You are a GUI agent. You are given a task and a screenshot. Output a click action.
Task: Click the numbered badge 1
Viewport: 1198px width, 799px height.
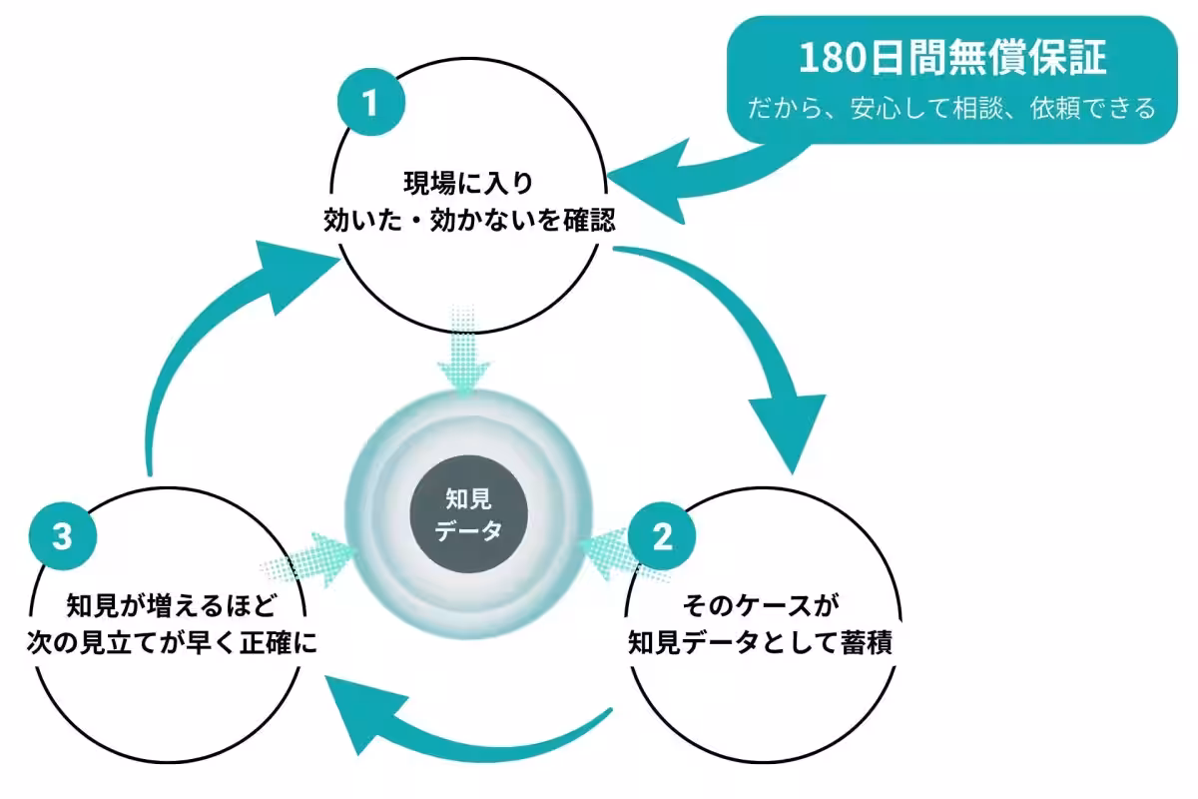coord(371,102)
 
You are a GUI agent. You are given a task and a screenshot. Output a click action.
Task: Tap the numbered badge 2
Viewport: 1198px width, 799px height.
coord(662,535)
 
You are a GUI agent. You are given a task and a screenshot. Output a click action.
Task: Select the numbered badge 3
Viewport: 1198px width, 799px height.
coord(63,535)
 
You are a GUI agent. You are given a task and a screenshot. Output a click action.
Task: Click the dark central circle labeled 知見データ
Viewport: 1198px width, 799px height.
coord(468,514)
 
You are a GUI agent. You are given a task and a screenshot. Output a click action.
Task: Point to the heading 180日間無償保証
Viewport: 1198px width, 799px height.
coord(952,58)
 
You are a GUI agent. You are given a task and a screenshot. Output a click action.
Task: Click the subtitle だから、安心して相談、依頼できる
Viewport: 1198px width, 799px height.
coord(951,108)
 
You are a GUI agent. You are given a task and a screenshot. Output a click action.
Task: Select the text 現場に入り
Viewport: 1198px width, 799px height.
coord(468,183)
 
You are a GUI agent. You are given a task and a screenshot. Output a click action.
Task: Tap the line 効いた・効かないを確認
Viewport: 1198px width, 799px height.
coord(469,220)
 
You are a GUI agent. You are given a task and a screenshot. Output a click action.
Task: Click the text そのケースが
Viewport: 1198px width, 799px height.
coord(761,606)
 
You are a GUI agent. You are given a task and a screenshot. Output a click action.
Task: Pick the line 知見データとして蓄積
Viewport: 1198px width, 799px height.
coord(761,642)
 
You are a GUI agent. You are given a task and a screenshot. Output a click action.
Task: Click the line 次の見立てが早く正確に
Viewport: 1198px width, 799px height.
coord(172,642)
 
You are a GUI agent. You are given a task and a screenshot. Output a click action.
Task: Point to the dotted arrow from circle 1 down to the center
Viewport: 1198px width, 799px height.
coord(463,351)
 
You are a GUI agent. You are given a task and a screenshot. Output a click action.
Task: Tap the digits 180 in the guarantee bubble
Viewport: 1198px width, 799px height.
coord(833,58)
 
